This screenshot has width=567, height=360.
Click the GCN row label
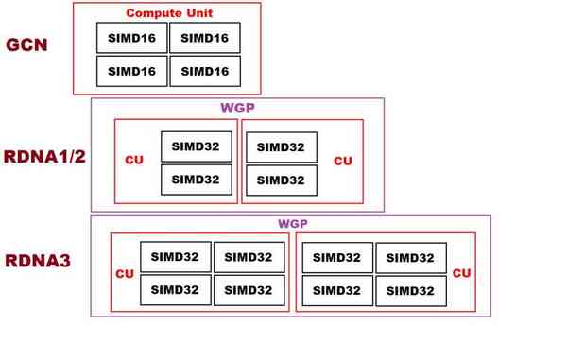coord(27,45)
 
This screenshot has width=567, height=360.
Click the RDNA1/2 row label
coord(43,157)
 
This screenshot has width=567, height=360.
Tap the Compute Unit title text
coord(166,14)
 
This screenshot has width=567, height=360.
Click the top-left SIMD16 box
coord(132,38)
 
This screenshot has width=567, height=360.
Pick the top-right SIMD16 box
coord(204,38)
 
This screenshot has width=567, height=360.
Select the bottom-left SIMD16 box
coord(132,71)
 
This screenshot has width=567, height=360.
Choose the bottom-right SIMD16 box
coord(204,71)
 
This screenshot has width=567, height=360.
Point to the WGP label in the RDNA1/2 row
coord(237,108)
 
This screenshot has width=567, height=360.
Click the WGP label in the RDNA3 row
coord(293,224)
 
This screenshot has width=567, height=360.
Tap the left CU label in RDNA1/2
coord(134,161)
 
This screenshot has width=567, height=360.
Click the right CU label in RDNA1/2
coord(343,161)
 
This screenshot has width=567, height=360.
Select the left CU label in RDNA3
coord(124,274)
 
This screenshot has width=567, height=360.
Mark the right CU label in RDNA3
coord(461,273)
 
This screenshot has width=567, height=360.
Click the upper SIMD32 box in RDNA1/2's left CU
coord(196,146)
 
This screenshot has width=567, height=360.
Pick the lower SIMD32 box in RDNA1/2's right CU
coord(281,180)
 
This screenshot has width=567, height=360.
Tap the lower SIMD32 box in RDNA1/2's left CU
coord(196,180)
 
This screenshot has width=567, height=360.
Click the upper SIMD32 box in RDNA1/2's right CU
coord(281,147)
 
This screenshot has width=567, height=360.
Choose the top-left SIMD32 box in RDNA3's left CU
coord(176,257)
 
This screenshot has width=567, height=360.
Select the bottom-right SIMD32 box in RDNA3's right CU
coord(410,290)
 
